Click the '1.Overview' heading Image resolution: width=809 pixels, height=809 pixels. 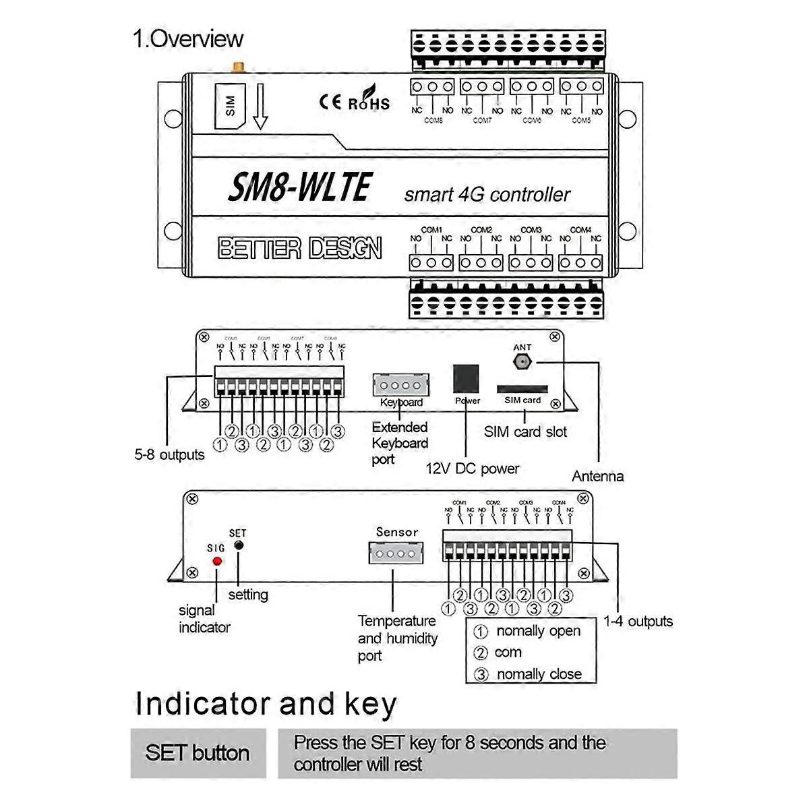(187, 38)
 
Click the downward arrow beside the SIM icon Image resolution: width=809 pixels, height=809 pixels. (260, 108)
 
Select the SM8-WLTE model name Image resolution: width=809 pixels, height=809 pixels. (299, 187)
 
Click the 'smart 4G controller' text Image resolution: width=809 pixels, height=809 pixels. (487, 195)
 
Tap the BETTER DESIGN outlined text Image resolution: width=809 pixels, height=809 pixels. (300, 248)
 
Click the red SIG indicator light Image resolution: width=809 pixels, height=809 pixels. (217, 561)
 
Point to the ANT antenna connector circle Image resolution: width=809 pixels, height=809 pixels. (522, 362)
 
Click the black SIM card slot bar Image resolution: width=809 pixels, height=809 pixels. (522, 389)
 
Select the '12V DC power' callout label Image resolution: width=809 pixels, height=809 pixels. (472, 469)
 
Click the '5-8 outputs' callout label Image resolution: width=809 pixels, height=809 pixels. (169, 454)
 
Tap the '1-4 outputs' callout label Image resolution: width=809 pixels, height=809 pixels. (638, 622)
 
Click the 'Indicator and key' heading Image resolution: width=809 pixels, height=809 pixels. (266, 704)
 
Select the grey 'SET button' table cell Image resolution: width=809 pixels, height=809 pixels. (198, 753)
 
